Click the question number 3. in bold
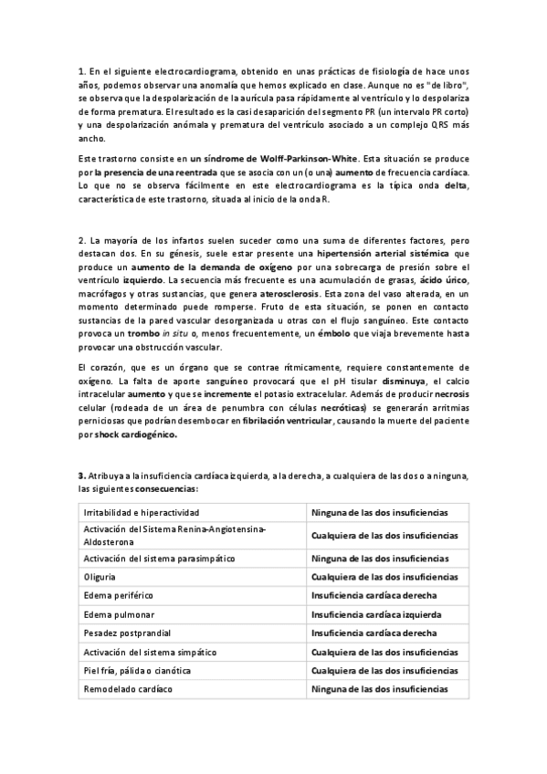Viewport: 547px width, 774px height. [81, 476]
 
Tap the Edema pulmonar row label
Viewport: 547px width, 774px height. [117, 613]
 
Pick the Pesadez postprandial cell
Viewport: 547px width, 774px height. [126, 633]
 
